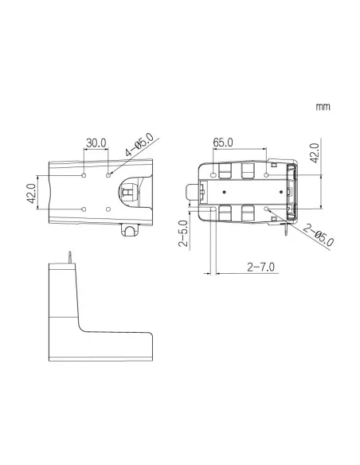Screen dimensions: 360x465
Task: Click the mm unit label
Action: click(323, 107)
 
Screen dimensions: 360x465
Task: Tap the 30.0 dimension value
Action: click(96, 143)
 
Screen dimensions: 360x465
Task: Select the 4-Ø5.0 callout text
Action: click(139, 145)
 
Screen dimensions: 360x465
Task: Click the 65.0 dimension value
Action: click(223, 143)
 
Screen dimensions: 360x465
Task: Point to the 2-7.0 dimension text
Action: click(261, 268)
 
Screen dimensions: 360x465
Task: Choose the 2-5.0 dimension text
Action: click(183, 233)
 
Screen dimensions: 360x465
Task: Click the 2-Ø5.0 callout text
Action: click(319, 236)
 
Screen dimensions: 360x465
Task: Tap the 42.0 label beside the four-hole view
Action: click(31, 193)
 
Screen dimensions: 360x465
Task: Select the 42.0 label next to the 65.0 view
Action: click(315, 153)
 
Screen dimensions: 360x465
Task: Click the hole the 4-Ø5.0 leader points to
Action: click(108, 175)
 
